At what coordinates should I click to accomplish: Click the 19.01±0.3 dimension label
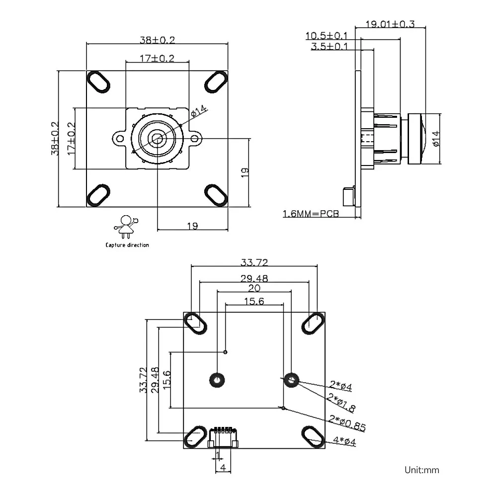[390, 24]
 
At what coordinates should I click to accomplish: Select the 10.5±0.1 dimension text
[327, 35]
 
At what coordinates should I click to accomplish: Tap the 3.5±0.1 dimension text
[330, 46]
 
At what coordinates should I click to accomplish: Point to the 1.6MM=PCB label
[311, 214]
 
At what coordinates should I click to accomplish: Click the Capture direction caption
[127, 245]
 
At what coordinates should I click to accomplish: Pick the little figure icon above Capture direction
[126, 227]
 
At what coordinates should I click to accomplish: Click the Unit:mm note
[422, 470]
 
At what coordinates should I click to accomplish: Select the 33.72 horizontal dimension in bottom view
[254, 262]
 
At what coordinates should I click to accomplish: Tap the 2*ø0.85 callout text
[347, 423]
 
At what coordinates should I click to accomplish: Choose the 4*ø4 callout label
[344, 441]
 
